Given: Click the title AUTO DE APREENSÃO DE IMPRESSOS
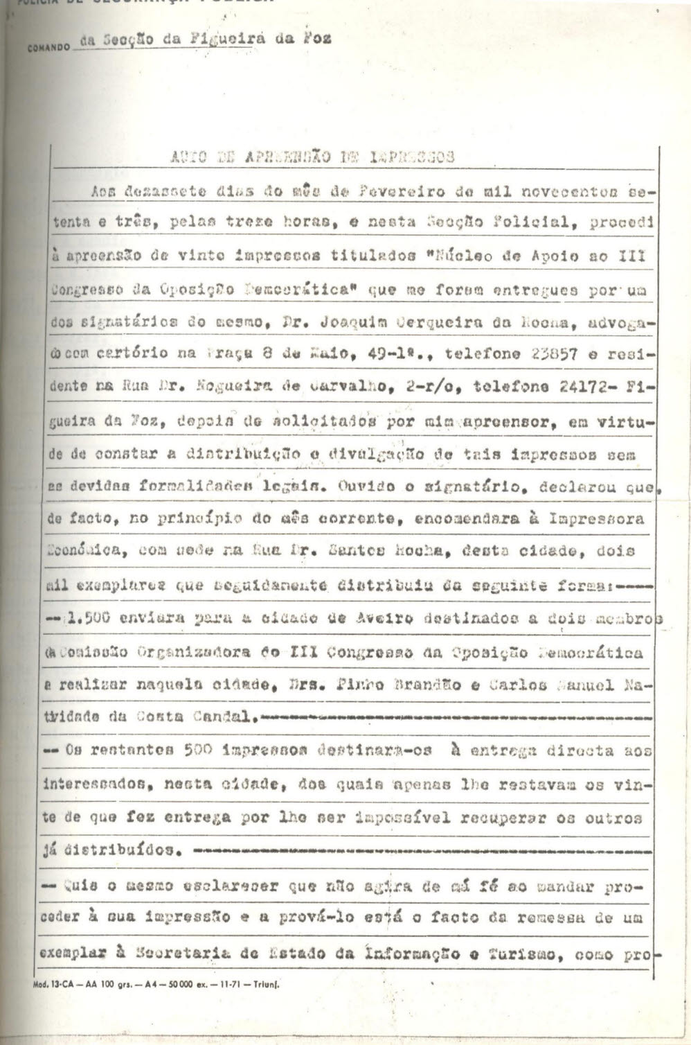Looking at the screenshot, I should [x=312, y=157].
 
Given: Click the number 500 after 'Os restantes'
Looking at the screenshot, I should [x=203, y=749].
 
